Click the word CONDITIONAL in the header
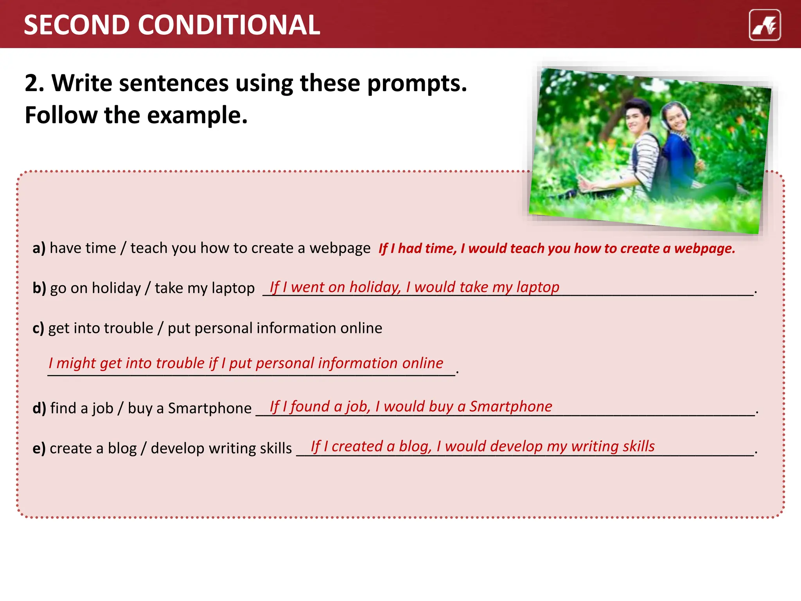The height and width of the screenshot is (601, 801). [229, 25]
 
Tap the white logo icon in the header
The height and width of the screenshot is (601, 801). [765, 25]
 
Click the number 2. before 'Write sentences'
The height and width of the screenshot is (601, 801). [34, 83]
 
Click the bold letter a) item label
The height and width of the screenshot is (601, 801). [39, 248]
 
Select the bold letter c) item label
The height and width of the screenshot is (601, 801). [38, 328]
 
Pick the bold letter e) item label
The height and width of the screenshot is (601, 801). [39, 448]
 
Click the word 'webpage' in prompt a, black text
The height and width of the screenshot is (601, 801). [340, 248]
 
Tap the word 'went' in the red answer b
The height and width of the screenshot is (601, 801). [307, 287]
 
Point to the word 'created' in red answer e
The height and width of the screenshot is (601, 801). [357, 446]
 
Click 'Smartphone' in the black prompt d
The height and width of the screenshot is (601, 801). [210, 408]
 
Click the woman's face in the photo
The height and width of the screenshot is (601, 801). [677, 116]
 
